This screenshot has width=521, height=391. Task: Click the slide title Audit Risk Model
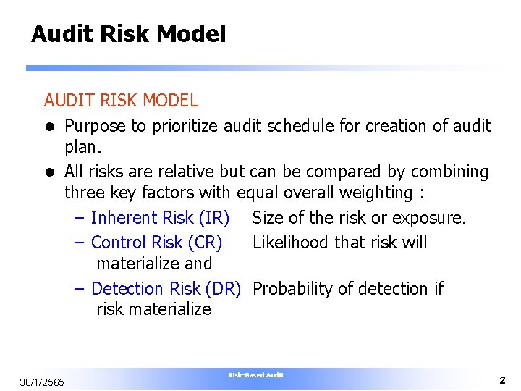[x=128, y=34]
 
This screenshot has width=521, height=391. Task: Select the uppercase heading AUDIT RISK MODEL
[x=121, y=100]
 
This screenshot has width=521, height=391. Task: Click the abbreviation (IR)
[x=214, y=217]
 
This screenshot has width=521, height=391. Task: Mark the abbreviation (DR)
[x=223, y=288]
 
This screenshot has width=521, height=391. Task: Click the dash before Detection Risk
[x=82, y=288]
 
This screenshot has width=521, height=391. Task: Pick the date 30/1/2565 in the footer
[x=42, y=382]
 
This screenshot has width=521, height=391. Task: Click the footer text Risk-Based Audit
[x=256, y=375]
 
